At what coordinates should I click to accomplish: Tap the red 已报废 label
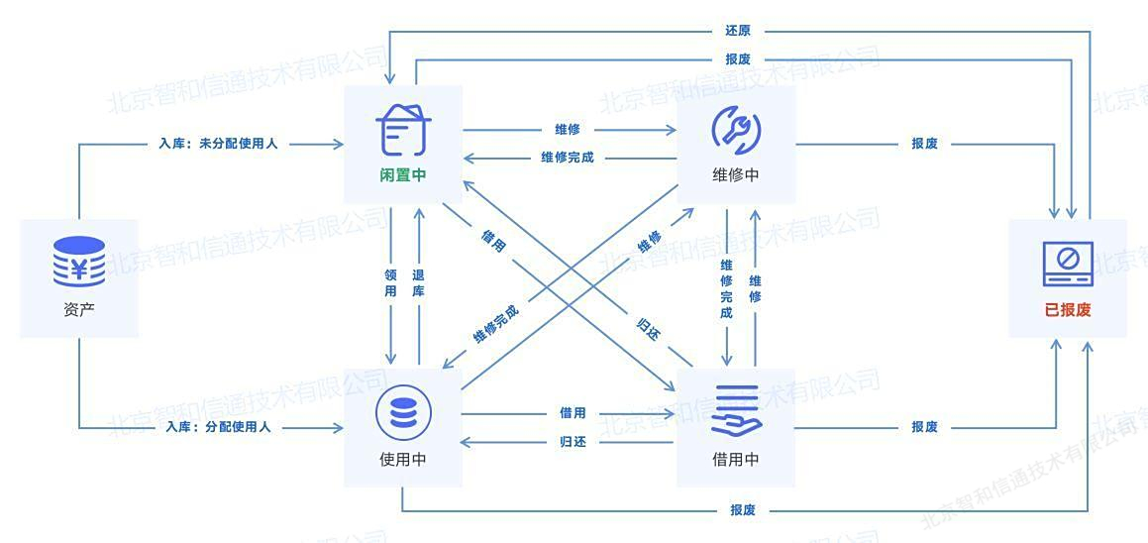click(x=1068, y=310)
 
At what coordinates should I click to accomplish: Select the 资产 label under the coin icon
click(x=79, y=310)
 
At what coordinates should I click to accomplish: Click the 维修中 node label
click(x=735, y=176)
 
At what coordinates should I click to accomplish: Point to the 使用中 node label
click(x=403, y=460)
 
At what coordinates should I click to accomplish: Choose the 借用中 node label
click(x=735, y=460)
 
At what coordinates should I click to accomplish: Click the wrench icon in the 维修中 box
click(x=735, y=129)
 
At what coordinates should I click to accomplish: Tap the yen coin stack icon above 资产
click(x=79, y=262)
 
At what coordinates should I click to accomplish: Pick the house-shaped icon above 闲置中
click(x=403, y=130)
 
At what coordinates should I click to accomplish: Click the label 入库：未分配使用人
click(x=218, y=145)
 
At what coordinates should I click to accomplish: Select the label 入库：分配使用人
click(x=218, y=426)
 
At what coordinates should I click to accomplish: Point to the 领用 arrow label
click(x=390, y=282)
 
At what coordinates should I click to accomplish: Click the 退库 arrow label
click(x=419, y=282)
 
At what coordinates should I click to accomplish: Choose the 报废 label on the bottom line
click(x=743, y=510)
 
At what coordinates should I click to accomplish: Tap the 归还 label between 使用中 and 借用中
click(x=573, y=442)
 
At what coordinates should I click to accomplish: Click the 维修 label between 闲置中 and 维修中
click(x=568, y=130)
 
